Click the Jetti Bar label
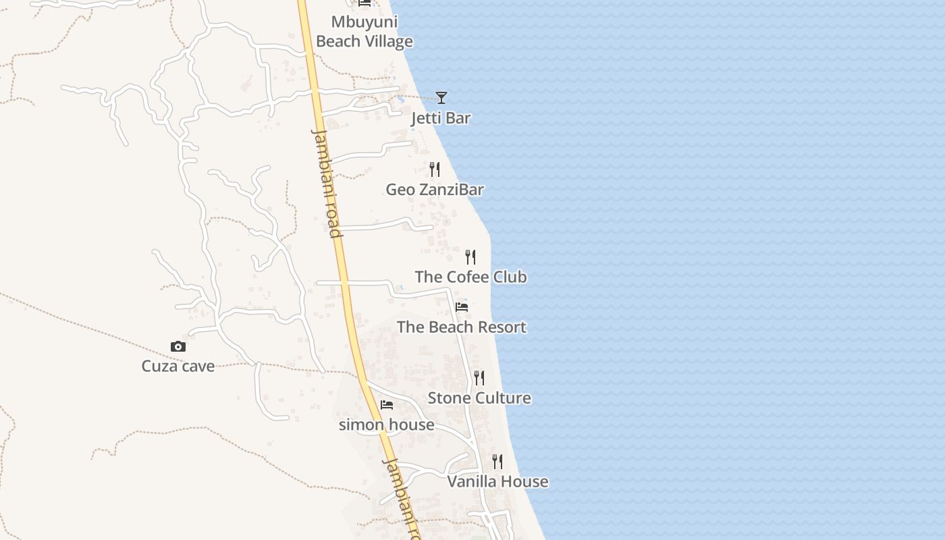tap(441, 118)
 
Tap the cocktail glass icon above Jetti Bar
tap(441, 98)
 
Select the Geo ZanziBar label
tap(435, 190)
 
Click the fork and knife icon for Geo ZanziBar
tap(435, 169)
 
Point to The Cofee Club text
tap(470, 277)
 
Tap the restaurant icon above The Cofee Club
tap(470, 257)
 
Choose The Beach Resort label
tap(462, 327)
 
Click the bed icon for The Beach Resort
tap(462, 307)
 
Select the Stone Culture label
tap(479, 398)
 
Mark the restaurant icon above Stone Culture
tap(479, 378)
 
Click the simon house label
tap(386, 425)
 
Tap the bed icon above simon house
tap(387, 405)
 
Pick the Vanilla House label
tap(497, 482)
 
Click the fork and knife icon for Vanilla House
tap(497, 462)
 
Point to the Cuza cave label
tap(178, 367)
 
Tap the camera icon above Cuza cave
tap(178, 347)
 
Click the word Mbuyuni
tap(364, 22)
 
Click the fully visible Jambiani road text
tap(327, 183)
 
